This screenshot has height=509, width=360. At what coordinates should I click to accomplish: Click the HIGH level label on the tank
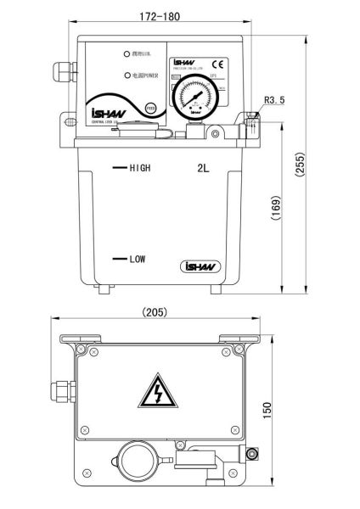coord(139,168)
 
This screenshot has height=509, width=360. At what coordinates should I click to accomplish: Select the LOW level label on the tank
coord(138,259)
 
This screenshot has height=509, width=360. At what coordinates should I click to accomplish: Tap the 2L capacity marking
coord(203,168)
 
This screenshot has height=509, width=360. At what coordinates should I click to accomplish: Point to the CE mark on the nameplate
coord(217,64)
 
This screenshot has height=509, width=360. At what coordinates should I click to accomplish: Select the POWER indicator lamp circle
coord(126,76)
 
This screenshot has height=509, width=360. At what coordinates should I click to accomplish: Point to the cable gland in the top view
coord(60,390)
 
